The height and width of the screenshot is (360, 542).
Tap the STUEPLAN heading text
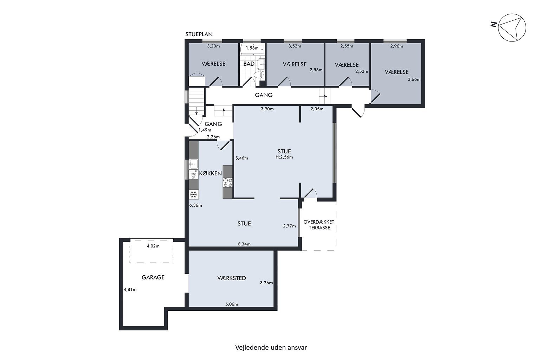coord(199,34)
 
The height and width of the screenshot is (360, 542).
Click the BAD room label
coord(249,64)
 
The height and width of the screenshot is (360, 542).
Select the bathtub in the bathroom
coord(252,49)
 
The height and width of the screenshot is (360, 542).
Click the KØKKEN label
coord(210,173)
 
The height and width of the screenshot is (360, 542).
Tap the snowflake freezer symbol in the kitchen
coord(193,194)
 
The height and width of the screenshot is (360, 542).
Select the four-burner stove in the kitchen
coord(227,183)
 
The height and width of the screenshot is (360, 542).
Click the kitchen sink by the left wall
coord(193,164)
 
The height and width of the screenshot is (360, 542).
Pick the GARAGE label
coord(153,277)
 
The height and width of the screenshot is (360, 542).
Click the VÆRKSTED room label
coord(232,278)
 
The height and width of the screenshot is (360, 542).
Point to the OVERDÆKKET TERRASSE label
coord(319,225)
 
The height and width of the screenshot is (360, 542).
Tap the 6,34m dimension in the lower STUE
coord(244,244)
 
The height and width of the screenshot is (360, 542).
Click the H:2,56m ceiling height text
coord(284,157)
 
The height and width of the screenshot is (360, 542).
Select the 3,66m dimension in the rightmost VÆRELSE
coord(414,79)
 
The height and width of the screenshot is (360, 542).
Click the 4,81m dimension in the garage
coord(130,290)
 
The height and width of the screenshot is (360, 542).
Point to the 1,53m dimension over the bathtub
coord(252,48)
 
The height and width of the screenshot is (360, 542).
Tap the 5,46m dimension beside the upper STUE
coord(242,158)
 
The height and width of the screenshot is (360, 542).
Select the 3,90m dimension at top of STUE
coord(267,109)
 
